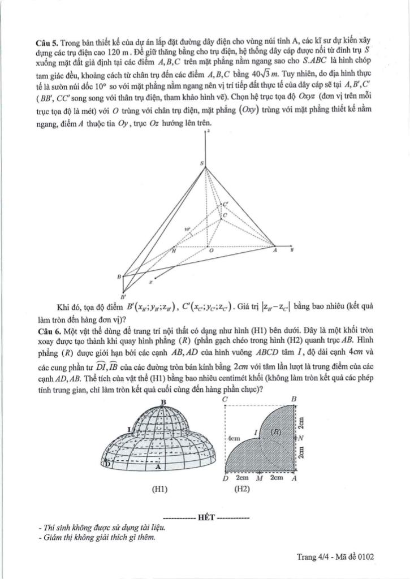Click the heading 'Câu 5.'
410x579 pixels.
click(46, 42)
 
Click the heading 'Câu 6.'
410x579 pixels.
click(46, 329)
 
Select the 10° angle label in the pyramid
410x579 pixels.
click(187, 230)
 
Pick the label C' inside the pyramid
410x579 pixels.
click(226, 204)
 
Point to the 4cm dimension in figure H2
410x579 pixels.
click(234, 438)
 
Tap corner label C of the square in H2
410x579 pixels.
click(225, 399)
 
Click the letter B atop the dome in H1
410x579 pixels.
click(163, 402)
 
